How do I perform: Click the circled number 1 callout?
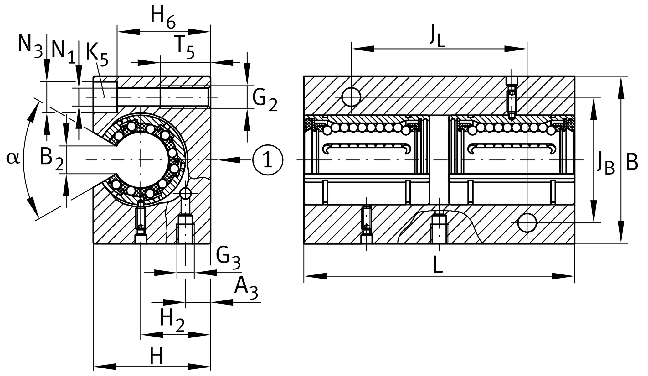pyautogui.click(x=268, y=160)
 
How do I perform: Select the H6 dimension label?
pyautogui.click(x=163, y=17)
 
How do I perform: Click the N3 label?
pyautogui.click(x=30, y=45)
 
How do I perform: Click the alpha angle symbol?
pyautogui.click(x=13, y=157)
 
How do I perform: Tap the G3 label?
pyautogui.click(x=228, y=258)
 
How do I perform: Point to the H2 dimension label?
pyautogui.click(x=172, y=320)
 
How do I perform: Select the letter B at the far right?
pyautogui.click(x=632, y=163)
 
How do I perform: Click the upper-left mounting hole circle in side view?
pyautogui.click(x=351, y=97)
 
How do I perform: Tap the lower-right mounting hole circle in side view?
pyautogui.click(x=527, y=222)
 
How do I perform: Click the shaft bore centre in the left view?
pyautogui.click(x=141, y=160)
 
